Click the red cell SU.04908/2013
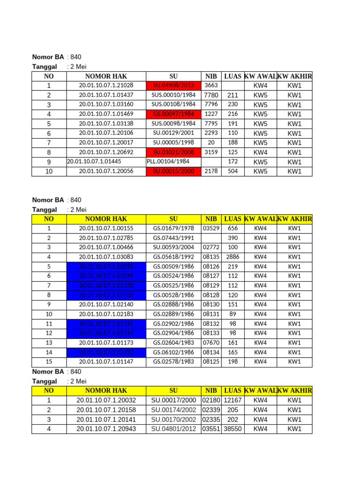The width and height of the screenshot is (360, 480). pos(173,85)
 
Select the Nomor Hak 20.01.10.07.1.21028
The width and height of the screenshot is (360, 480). pos(106,85)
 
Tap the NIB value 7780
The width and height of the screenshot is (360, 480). pos(211,95)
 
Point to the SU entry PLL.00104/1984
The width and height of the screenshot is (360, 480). pos(168,162)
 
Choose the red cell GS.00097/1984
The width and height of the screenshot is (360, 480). pos(173,114)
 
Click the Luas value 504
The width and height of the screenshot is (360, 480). pos(232,171)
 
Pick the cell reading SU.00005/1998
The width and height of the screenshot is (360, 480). pos(173,142)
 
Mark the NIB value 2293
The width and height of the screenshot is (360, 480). pos(211,133)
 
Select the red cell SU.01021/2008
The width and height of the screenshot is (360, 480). pos(173,152)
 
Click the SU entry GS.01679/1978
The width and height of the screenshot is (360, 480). pos(173,228)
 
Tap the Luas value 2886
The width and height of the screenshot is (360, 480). pos(232,257)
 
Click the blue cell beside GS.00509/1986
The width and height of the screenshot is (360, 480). pos(106,266)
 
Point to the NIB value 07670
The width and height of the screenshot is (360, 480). pos(211,343)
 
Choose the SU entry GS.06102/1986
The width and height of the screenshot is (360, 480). pos(173,352)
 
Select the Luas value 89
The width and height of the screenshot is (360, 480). pos(232,314)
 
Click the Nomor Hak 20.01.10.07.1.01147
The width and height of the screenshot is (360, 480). pos(106,362)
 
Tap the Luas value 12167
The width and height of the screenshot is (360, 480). pos(232,400)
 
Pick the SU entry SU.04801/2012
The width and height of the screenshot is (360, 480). pos(173,429)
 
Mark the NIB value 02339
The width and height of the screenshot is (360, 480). pos(211,410)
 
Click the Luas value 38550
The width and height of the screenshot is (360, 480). pos(232,429)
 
